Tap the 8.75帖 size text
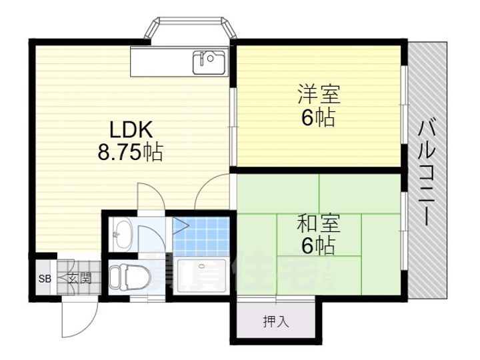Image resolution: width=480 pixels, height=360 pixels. [x=130, y=153]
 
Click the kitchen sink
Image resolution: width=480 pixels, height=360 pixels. [x=209, y=62]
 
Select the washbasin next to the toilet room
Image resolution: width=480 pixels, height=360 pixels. [x=121, y=232]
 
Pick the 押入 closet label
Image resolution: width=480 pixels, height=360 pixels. [x=275, y=322]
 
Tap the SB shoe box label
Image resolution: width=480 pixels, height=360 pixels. [x=45, y=279]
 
